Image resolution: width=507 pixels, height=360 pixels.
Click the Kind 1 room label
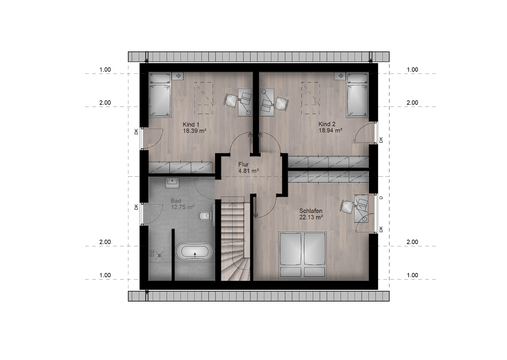[x=191, y=124]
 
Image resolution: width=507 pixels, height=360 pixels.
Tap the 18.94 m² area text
[x=330, y=130]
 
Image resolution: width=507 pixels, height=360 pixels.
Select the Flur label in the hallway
[x=243, y=164]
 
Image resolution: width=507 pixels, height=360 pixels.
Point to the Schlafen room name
[x=311, y=211]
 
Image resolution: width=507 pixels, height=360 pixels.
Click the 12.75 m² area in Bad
[x=182, y=207]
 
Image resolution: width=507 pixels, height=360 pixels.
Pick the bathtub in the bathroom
[x=195, y=254]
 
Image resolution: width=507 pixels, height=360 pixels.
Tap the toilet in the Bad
[x=205, y=216]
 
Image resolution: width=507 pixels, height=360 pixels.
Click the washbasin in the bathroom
[x=172, y=183]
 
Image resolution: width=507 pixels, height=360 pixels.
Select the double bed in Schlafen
[x=303, y=255]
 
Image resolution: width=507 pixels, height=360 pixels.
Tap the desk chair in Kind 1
[x=231, y=100]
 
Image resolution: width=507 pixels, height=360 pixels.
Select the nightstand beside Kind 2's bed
[x=340, y=76]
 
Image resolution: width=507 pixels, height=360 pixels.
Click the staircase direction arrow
[x=232, y=205]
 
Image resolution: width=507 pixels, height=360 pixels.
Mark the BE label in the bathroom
[x=152, y=253]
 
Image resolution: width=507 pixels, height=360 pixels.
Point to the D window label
[x=381, y=197]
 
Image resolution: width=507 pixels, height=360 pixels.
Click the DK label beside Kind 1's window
[x=136, y=132]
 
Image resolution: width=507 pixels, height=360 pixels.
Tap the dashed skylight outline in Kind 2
[x=310, y=98]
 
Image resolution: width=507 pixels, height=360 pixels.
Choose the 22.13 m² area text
[x=311, y=217]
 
